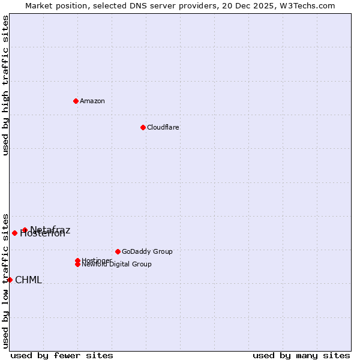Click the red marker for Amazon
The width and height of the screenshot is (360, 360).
(x=76, y=101)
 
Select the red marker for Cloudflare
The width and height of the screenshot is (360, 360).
(x=143, y=127)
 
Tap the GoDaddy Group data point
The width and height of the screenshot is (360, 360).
(x=118, y=251)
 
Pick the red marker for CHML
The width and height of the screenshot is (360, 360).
(x=10, y=280)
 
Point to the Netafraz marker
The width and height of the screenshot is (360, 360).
(x=25, y=230)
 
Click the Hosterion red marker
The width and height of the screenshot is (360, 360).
(x=14, y=233)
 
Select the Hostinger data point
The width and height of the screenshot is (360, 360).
(x=77, y=260)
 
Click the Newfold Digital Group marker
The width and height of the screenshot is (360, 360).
(x=77, y=264)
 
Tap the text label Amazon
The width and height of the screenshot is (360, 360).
(x=92, y=101)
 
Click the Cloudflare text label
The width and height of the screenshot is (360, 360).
(x=163, y=127)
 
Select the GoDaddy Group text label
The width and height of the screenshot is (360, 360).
(x=147, y=251)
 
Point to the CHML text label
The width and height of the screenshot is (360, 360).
(x=28, y=280)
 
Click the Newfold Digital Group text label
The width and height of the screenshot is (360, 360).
(x=116, y=265)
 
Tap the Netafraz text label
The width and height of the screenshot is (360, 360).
(x=50, y=230)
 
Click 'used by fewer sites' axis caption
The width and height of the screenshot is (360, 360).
(x=62, y=355)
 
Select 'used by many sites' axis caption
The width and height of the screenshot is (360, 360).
(x=301, y=355)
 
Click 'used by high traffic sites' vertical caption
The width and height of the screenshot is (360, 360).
(x=5, y=85)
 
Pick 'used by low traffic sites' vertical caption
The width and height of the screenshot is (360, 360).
(x=5, y=280)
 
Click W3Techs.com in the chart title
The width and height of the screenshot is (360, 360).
(x=305, y=5)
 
